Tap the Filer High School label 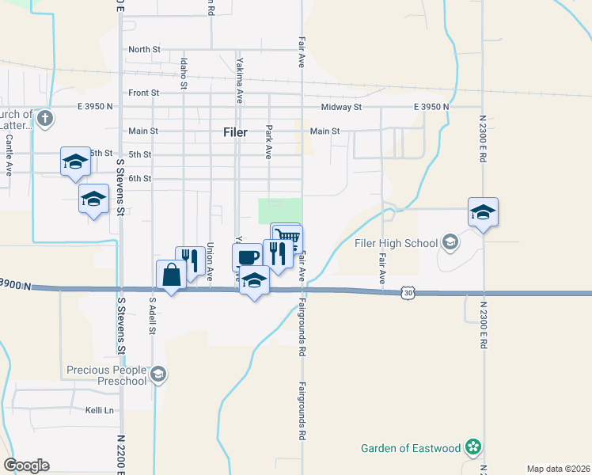click(x=398, y=243)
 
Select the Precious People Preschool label click(x=107, y=375)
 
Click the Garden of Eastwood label click(x=411, y=448)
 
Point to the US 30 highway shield click(x=408, y=293)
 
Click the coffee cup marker click(x=247, y=257)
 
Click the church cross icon click(x=45, y=120)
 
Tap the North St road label click(x=144, y=49)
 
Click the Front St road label click(x=144, y=93)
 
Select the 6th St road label click(x=140, y=179)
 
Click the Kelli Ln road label click(x=100, y=410)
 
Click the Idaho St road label click(x=184, y=72)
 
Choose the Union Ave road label click(x=210, y=262)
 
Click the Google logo click(x=26, y=465)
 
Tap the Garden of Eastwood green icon click(x=473, y=447)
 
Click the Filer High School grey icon click(x=450, y=241)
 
